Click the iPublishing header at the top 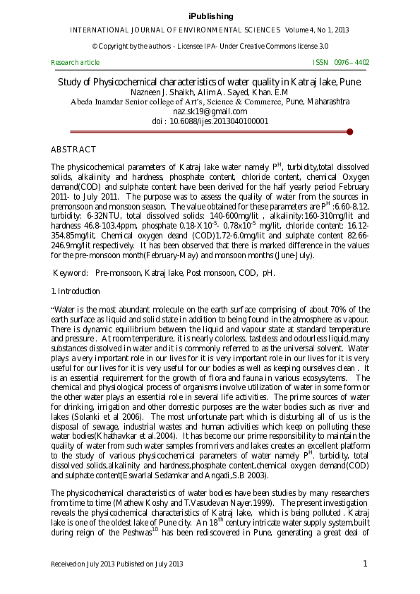[x=210, y=16]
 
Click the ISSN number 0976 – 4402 [x=351, y=63]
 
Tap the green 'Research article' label [x=76, y=63]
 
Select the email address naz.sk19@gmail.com [x=210, y=111]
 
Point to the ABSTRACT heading [x=73, y=150]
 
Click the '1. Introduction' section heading [x=76, y=291]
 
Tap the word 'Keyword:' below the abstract [x=71, y=273]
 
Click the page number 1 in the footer [x=366, y=563]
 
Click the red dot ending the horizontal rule [x=350, y=131]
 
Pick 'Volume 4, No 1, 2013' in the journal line [x=317, y=30]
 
